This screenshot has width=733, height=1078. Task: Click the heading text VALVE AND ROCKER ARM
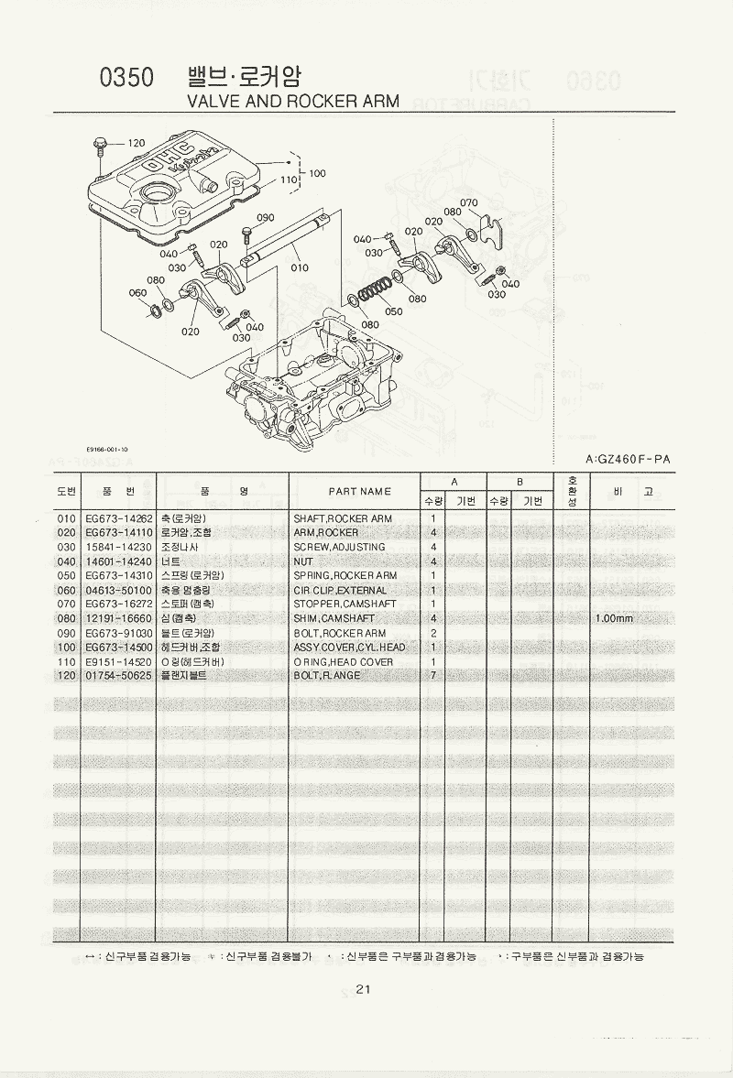[x=292, y=101]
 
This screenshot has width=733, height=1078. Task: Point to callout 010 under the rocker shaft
[x=300, y=268]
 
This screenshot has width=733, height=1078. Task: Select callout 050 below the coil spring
[x=394, y=311]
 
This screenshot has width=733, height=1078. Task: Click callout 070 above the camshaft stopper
[x=469, y=202]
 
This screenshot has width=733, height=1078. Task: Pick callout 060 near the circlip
[x=137, y=293]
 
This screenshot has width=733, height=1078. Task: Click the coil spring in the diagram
[x=375, y=292]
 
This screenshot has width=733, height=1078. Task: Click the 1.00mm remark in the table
[x=614, y=618]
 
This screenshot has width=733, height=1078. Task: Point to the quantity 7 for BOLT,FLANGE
[x=432, y=676]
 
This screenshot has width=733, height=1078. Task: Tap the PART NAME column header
[x=360, y=492]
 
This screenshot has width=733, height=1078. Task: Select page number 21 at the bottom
[x=364, y=988]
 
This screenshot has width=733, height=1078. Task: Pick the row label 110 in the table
[x=66, y=661]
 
